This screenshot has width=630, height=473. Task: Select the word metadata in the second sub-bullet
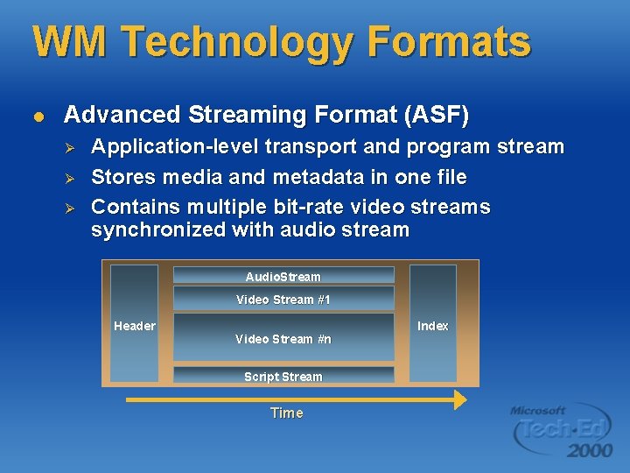pyautogui.click(x=317, y=178)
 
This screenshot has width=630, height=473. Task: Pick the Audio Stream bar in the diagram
pyautogui.click(x=283, y=276)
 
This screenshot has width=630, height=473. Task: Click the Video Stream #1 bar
pyautogui.click(x=283, y=299)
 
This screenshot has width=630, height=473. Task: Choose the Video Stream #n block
pyautogui.click(x=283, y=338)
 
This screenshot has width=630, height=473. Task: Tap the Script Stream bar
pyautogui.click(x=283, y=376)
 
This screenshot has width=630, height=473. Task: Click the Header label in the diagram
pyautogui.click(x=135, y=326)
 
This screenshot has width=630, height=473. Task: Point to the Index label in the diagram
pyautogui.click(x=432, y=326)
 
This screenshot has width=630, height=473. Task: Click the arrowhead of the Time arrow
pyautogui.click(x=458, y=399)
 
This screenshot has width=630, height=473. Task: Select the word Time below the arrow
pyautogui.click(x=286, y=413)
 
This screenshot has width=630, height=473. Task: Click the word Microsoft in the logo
pyautogui.click(x=538, y=410)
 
